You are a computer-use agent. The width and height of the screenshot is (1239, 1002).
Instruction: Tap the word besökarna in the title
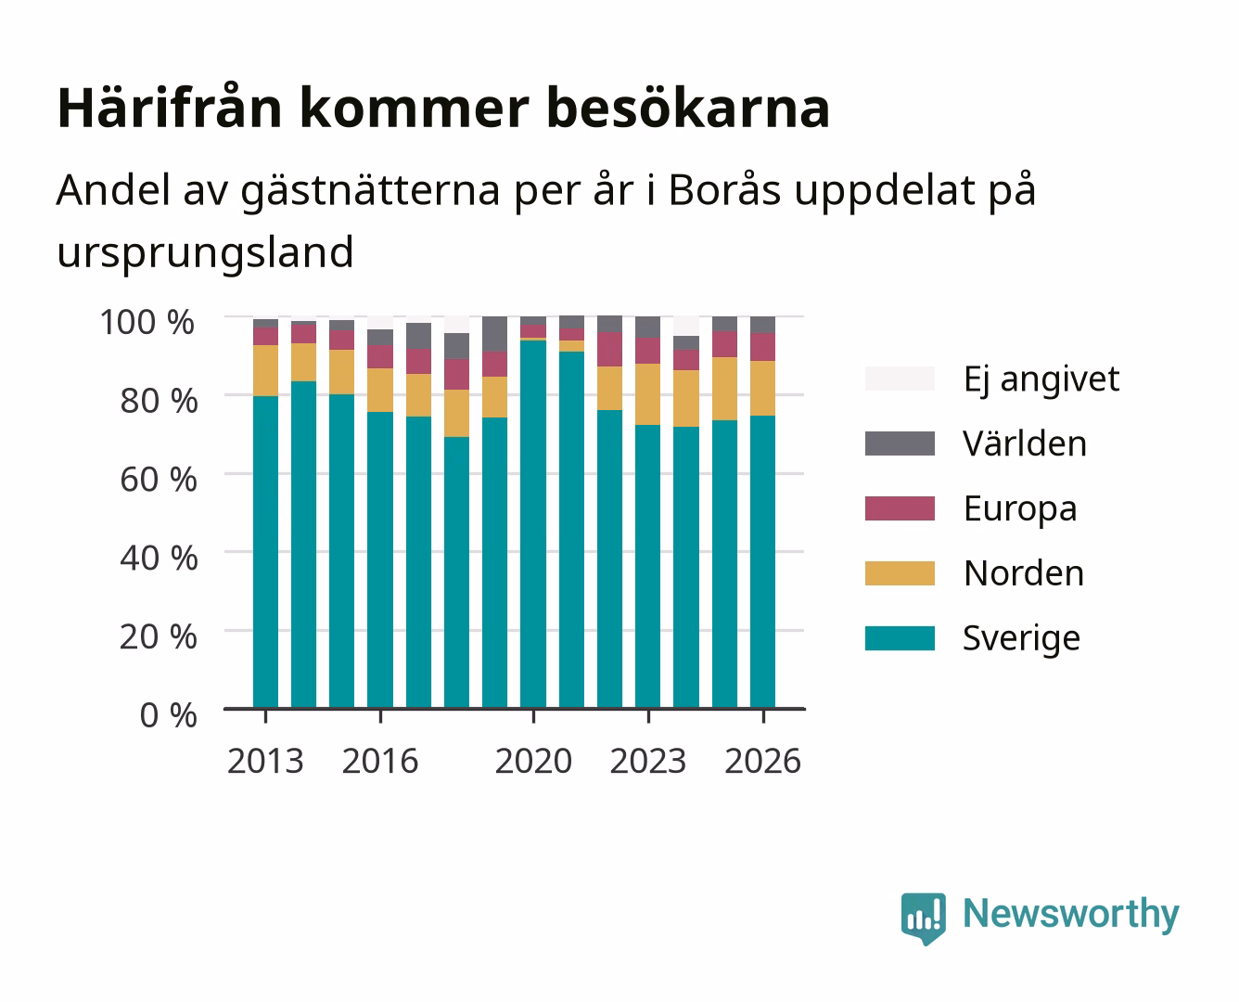(x=688, y=108)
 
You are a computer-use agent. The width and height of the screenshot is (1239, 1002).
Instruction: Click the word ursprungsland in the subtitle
(x=205, y=253)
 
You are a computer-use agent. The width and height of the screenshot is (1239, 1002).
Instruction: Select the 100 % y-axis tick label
(x=147, y=322)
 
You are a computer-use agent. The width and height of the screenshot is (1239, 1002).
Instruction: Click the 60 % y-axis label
(x=159, y=480)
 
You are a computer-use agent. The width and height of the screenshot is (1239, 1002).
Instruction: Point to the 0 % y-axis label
(x=168, y=715)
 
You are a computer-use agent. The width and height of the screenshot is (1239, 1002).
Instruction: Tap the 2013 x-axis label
(x=265, y=761)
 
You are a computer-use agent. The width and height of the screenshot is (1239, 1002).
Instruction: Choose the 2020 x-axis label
(x=533, y=761)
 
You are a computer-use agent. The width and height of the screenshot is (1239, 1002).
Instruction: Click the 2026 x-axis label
(x=763, y=761)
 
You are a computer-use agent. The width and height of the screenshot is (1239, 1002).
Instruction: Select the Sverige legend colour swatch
(x=900, y=637)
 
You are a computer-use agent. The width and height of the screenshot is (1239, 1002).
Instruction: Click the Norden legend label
(x=1024, y=573)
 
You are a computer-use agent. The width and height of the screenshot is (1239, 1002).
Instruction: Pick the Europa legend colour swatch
(x=900, y=508)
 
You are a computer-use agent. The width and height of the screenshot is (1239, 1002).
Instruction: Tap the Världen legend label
(x=1025, y=443)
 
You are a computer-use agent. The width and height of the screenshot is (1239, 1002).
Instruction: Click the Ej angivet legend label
(x=1041, y=380)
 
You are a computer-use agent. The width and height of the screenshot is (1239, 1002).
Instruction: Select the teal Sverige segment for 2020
(x=533, y=524)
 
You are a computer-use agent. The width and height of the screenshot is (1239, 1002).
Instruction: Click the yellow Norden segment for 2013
(x=266, y=371)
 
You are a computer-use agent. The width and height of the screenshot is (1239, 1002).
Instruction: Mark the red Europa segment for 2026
(x=762, y=347)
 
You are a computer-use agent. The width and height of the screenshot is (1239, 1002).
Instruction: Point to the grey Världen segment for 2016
(x=380, y=338)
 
